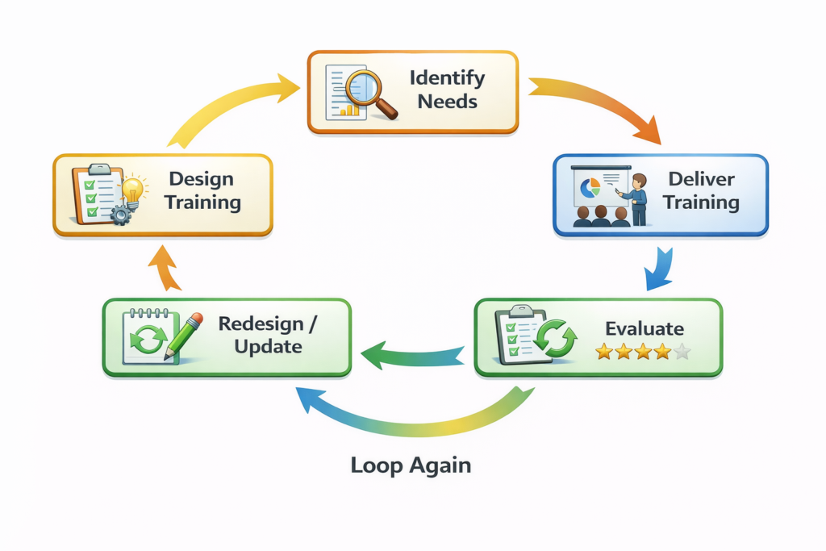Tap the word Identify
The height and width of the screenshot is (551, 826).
click(447, 78)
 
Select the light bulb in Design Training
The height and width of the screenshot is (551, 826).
click(132, 190)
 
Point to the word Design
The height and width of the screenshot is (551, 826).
click(201, 179)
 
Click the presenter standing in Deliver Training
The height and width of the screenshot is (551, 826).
click(638, 198)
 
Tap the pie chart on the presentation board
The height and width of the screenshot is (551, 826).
click(591, 187)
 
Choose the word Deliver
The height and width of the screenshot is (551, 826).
click(700, 179)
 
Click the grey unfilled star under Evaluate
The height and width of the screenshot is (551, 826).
click(682, 352)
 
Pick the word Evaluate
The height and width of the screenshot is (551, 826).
click(645, 328)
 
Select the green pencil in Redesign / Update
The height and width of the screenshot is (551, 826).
click(184, 336)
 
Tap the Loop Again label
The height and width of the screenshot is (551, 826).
click(411, 465)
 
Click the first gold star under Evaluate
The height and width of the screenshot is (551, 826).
click(605, 352)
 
